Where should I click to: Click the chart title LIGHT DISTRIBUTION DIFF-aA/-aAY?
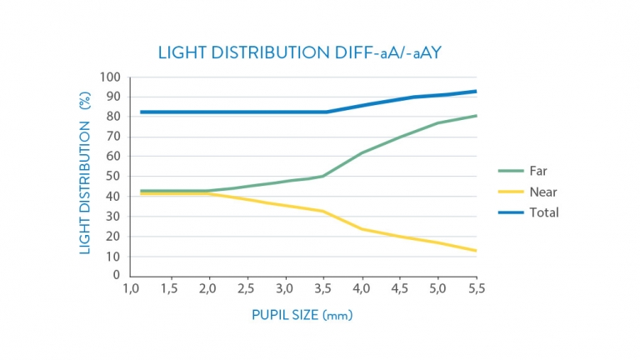302,52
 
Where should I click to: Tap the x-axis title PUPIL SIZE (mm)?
308,316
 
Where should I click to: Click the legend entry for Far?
537,171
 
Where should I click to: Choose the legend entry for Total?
542,212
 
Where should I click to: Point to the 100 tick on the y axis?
112,77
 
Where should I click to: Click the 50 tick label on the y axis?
114,177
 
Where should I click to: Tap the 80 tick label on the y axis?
114,117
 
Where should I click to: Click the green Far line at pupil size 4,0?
362,152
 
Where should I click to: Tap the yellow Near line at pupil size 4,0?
362,228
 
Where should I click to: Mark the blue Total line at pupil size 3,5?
323,112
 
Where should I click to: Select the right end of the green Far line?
476,116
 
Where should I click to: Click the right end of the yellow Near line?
476,250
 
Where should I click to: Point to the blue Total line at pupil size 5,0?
438,95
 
